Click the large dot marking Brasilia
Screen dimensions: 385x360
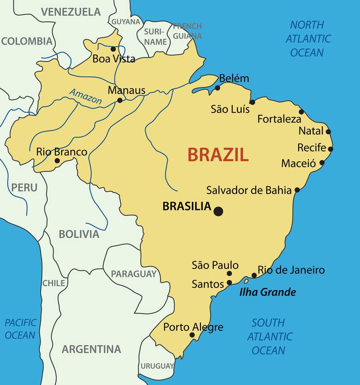click(x=219, y=211)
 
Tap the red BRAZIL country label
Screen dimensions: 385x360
click(x=218, y=154)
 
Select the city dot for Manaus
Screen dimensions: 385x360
click(x=120, y=100)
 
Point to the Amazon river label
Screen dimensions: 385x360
click(x=86, y=96)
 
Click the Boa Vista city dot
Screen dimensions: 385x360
click(x=113, y=49)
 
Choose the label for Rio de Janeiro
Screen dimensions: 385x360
click(x=291, y=270)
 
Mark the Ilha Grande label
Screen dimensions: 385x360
click(x=268, y=292)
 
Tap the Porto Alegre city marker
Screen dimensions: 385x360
click(x=192, y=335)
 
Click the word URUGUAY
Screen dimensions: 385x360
click(x=157, y=366)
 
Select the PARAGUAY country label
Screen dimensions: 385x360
click(x=134, y=274)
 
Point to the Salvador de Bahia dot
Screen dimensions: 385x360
click(x=297, y=190)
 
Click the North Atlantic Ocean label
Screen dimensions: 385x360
click(x=308, y=39)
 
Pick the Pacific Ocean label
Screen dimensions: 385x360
click(x=20, y=329)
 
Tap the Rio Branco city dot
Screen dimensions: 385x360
click(x=57, y=161)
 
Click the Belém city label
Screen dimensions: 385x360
click(x=234, y=78)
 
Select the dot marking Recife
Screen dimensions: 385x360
click(x=330, y=149)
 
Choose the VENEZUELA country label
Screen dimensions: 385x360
click(x=71, y=12)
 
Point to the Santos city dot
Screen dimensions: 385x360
click(x=229, y=283)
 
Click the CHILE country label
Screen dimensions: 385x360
click(x=54, y=283)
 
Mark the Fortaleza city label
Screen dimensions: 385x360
click(x=279, y=119)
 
